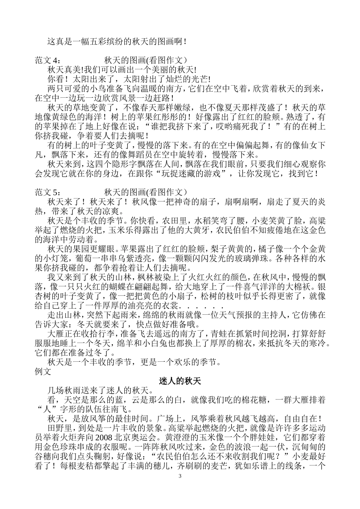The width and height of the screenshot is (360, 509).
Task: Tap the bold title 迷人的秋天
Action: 180,381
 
